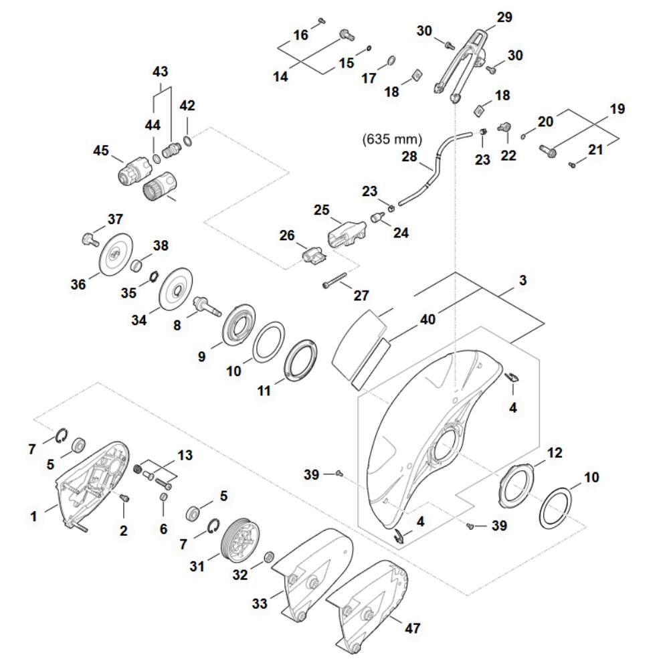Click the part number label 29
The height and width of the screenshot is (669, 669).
coord(504,17)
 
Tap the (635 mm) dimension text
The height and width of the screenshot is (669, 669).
coord(393,140)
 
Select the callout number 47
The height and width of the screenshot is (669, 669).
coord(413,628)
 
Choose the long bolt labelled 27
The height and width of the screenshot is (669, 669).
coord(334,281)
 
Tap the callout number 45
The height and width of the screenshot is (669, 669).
coord(101,151)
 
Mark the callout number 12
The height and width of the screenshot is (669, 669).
coord(555,453)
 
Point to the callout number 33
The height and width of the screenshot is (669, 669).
coord(260,604)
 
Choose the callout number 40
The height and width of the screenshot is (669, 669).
coord(427,320)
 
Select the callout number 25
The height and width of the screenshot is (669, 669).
coord(322,210)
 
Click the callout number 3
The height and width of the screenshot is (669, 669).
coord(522,280)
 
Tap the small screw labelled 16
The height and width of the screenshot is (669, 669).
coord(320,20)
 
